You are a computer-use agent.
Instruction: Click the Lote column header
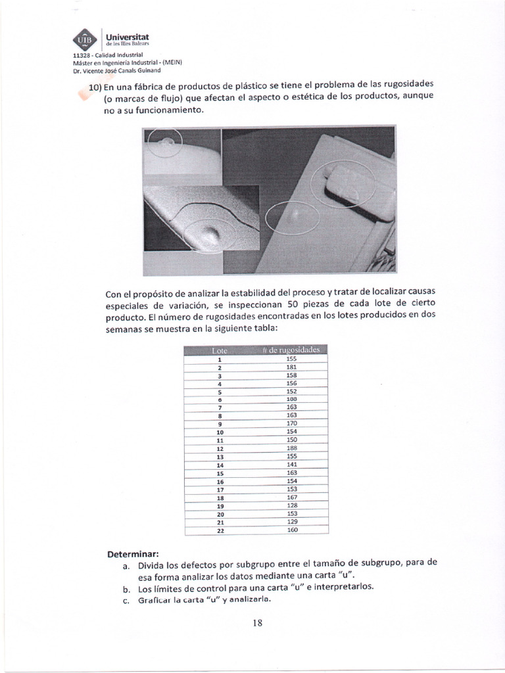[x=218, y=350]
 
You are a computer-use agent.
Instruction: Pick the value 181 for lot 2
[x=292, y=367]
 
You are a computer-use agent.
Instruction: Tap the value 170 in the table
[x=292, y=423]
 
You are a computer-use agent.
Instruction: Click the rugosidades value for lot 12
[x=292, y=448]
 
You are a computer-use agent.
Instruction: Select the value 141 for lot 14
[x=292, y=464]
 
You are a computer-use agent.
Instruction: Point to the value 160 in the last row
[x=292, y=529]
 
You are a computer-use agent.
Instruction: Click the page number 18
[x=257, y=623]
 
